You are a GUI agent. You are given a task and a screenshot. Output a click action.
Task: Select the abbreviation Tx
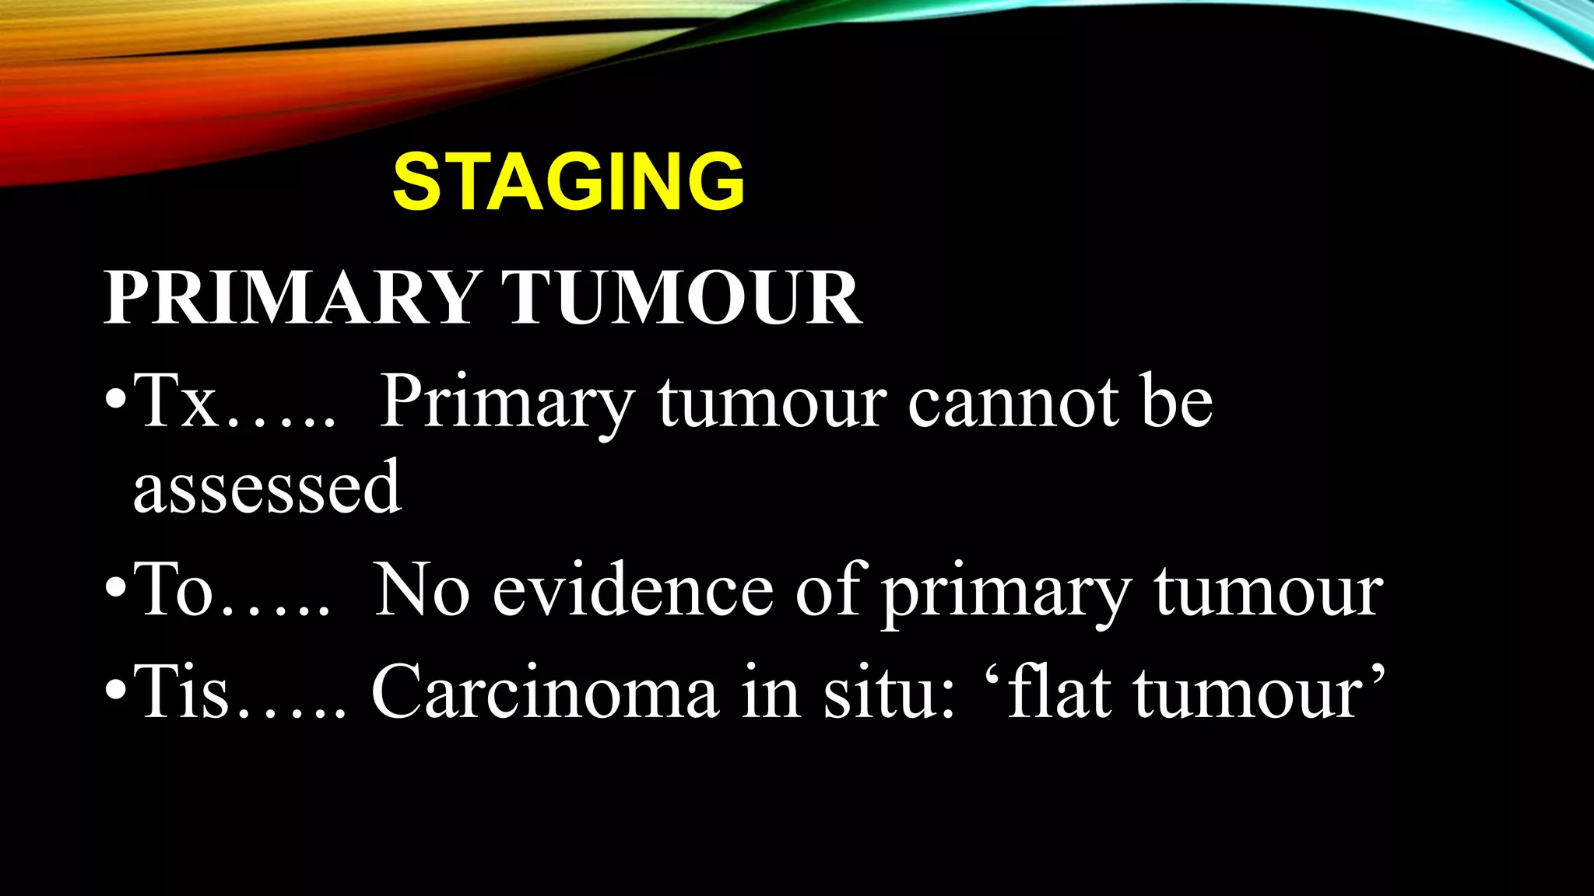(175, 403)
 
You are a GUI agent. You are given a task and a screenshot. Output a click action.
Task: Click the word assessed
(267, 488)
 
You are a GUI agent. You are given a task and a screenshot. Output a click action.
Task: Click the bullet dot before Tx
(114, 405)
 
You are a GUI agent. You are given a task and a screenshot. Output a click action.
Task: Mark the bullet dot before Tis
(114, 695)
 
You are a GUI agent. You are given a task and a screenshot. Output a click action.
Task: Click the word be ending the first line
(1176, 403)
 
